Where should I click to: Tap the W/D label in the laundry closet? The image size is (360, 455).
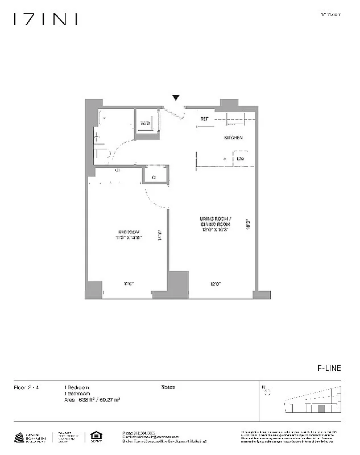tap(146, 123)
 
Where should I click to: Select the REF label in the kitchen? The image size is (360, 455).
tap(204, 119)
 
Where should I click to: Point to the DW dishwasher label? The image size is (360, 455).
tap(241, 159)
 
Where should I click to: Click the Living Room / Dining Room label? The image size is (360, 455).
tap(214, 223)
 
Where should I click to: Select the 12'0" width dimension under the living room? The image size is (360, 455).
tap(214, 284)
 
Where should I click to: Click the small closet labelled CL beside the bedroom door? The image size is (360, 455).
tap(154, 177)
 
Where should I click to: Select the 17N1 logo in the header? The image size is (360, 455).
tap(45, 20)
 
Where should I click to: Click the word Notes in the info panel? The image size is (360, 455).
tap(168, 387)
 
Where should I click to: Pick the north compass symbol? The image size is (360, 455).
tap(267, 391)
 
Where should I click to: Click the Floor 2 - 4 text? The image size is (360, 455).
tap(26, 387)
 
